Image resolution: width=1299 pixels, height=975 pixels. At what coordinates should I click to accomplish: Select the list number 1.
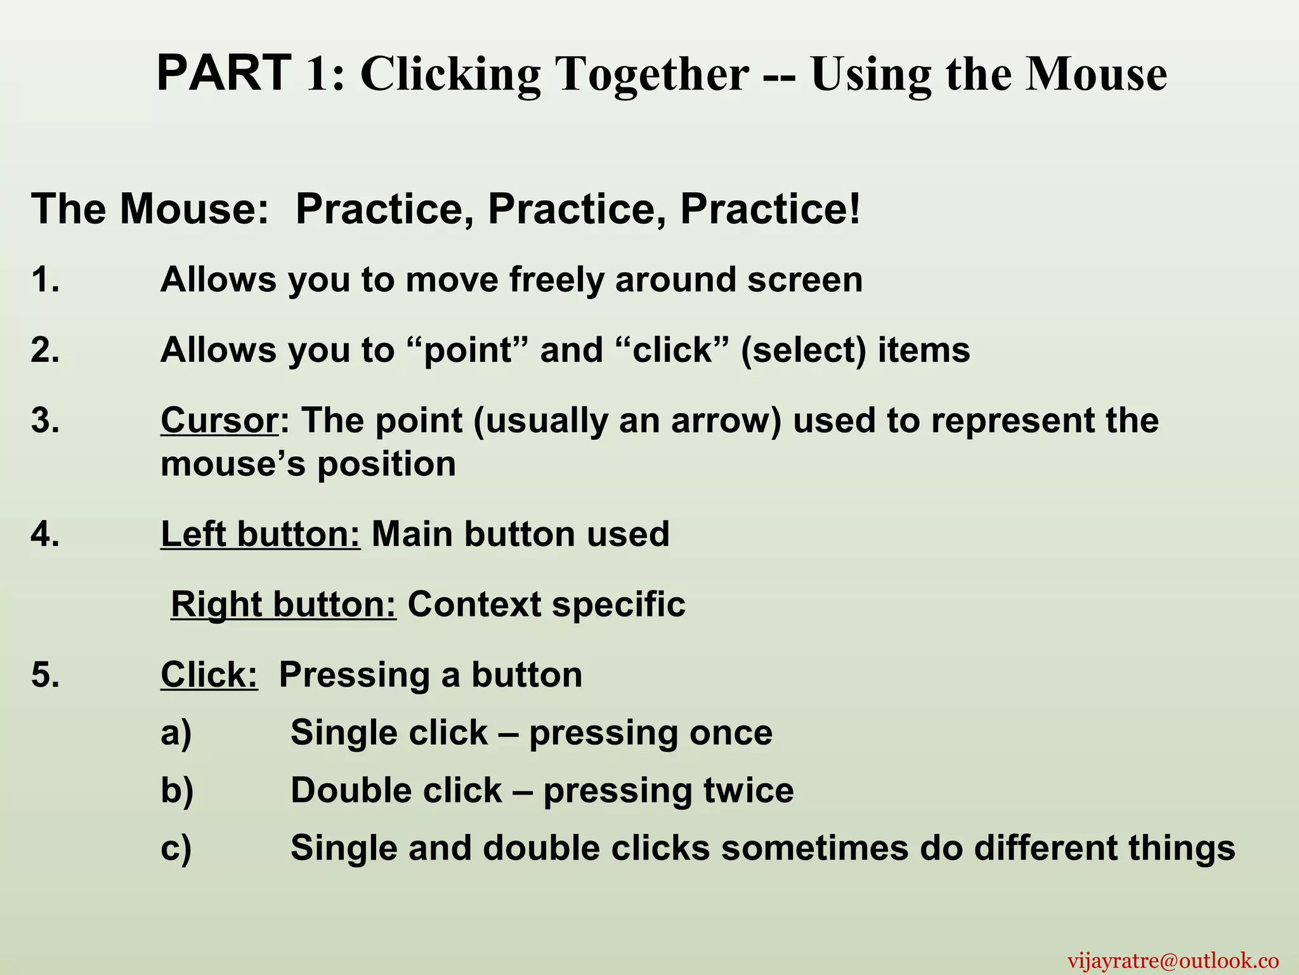pyautogui.click(x=45, y=280)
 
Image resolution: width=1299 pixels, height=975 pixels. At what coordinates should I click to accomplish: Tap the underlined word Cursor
pyautogui.click(x=219, y=420)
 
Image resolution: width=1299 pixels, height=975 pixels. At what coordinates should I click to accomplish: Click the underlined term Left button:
pyautogui.click(x=261, y=534)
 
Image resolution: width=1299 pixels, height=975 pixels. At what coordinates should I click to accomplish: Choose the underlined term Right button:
pyautogui.click(x=284, y=604)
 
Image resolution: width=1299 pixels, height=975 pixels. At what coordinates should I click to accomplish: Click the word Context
pyautogui.click(x=474, y=604)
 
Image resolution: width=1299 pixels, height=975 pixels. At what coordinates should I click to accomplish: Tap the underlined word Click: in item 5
pyautogui.click(x=209, y=674)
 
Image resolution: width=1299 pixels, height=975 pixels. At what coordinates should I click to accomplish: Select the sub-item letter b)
pyautogui.click(x=176, y=790)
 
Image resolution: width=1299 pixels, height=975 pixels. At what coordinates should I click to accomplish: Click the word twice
pyautogui.click(x=748, y=790)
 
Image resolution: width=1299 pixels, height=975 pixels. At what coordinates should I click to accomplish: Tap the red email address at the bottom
pyautogui.click(x=1173, y=960)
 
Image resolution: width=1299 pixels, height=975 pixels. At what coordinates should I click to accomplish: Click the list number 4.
pyautogui.click(x=45, y=534)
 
